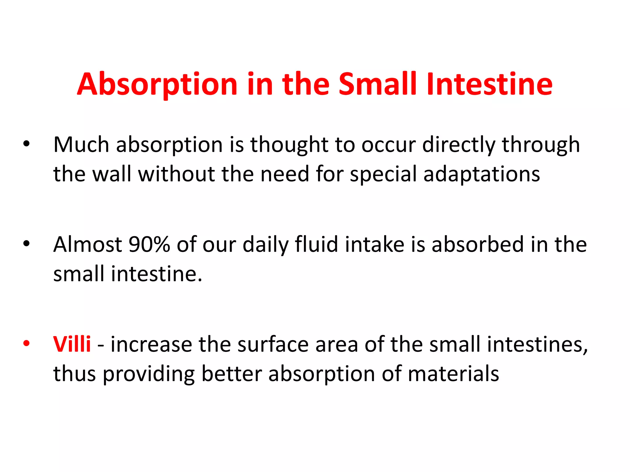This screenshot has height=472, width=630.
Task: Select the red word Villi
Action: [x=72, y=344]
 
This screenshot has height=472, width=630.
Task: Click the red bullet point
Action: [x=26, y=344]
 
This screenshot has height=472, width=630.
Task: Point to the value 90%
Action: [x=149, y=244]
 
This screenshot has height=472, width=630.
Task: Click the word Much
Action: [x=81, y=144]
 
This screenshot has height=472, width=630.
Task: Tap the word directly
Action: [x=459, y=145]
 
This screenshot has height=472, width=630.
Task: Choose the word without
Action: [x=177, y=174]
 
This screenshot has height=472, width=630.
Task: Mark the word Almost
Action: [x=88, y=244]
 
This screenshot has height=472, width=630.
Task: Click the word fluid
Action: [x=316, y=244]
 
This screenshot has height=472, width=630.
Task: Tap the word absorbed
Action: [x=477, y=244]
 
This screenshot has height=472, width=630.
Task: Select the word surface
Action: [x=273, y=344]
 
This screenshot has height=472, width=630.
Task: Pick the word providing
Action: [x=149, y=374]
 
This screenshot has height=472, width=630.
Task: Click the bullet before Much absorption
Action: [x=26, y=144]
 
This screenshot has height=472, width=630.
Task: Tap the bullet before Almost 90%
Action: [x=26, y=244]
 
